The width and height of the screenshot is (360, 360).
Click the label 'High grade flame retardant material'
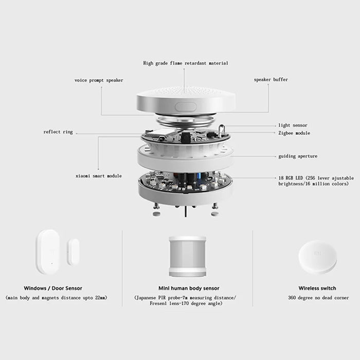tap(185, 63)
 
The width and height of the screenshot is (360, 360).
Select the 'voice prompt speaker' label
tap(99, 80)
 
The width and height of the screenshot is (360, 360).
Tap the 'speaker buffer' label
tap(271, 80)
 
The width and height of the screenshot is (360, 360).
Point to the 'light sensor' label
tap(293, 125)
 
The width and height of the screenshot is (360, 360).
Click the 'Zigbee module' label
tap(294, 133)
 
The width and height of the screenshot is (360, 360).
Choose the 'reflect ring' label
tap(58, 132)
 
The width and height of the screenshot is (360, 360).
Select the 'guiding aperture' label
tap(298, 156)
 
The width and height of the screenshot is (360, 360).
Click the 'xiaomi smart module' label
tap(98, 176)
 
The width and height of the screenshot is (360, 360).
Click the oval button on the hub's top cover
tap(186, 107)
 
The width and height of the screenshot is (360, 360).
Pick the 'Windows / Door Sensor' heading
tap(53, 289)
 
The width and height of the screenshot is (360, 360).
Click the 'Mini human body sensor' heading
tap(189, 289)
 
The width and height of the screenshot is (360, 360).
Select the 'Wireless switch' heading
tap(317, 289)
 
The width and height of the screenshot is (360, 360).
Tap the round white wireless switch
tap(317, 257)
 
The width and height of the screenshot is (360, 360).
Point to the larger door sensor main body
tap(49, 251)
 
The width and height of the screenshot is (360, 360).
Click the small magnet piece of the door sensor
tap(73, 251)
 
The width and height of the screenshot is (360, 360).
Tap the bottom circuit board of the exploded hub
tap(185, 182)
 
